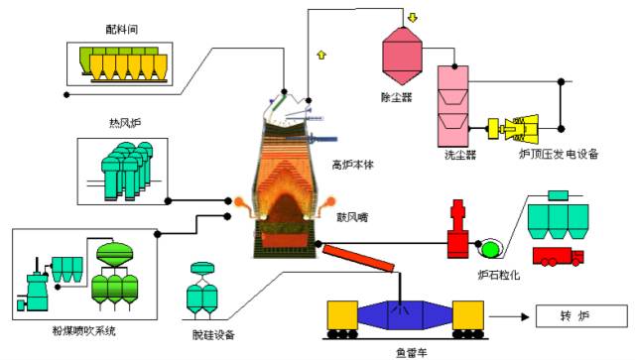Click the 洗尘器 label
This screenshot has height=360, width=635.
coord(459,155)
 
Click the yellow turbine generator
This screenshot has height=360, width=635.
coord(520,128)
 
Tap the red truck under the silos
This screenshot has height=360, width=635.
coord(558,257)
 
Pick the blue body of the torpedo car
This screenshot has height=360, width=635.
coord(405,315)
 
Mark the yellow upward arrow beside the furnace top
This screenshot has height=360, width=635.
coord(320,53)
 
